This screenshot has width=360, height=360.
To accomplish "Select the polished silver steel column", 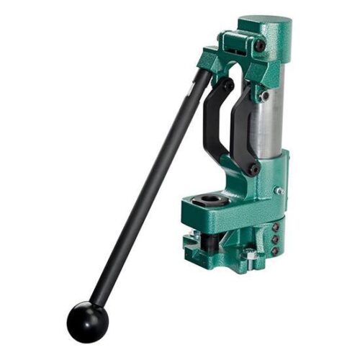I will (x=273, y=108).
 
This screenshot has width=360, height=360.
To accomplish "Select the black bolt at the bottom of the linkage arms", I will (x=253, y=168).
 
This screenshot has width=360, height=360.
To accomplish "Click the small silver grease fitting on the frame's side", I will (x=281, y=191).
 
